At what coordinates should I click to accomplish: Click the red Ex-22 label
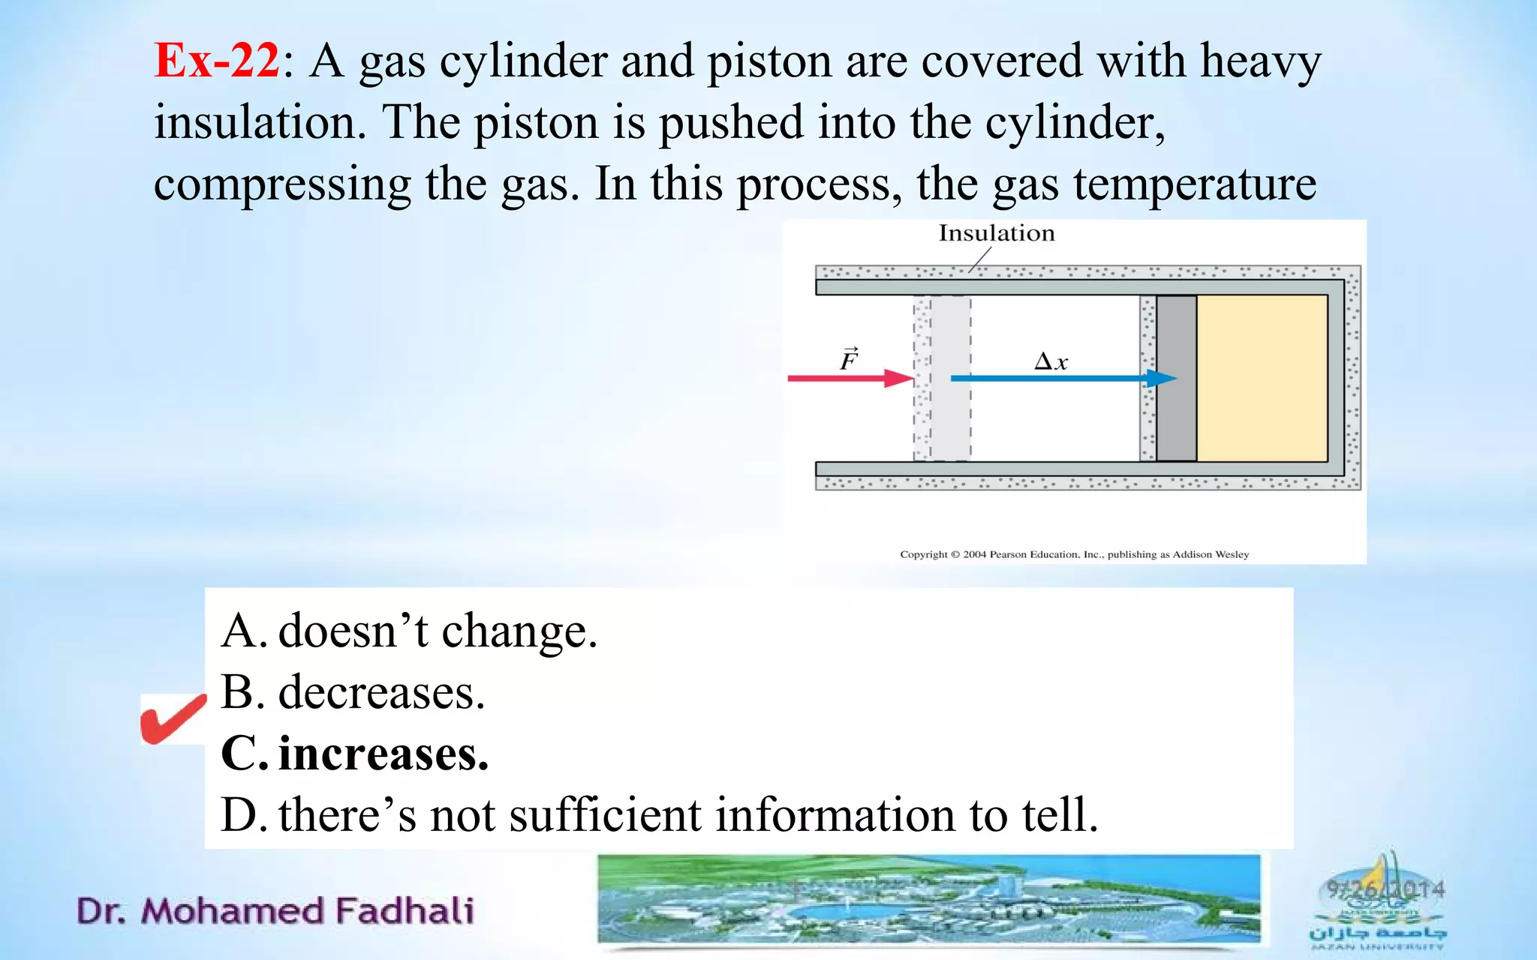[x=216, y=60]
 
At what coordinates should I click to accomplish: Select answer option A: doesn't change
[x=409, y=631]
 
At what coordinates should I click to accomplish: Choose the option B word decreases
[x=381, y=692]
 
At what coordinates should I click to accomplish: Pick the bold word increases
[x=383, y=754]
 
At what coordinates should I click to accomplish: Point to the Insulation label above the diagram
[x=996, y=233]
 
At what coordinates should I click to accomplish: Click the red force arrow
[x=848, y=378]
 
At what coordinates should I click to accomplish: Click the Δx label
[x=1051, y=362]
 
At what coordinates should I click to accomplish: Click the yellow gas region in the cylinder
[x=1261, y=378]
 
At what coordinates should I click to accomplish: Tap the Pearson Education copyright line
[x=1074, y=554]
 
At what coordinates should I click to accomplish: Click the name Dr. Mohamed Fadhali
[x=275, y=911]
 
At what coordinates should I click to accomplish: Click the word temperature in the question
[x=1194, y=184]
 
